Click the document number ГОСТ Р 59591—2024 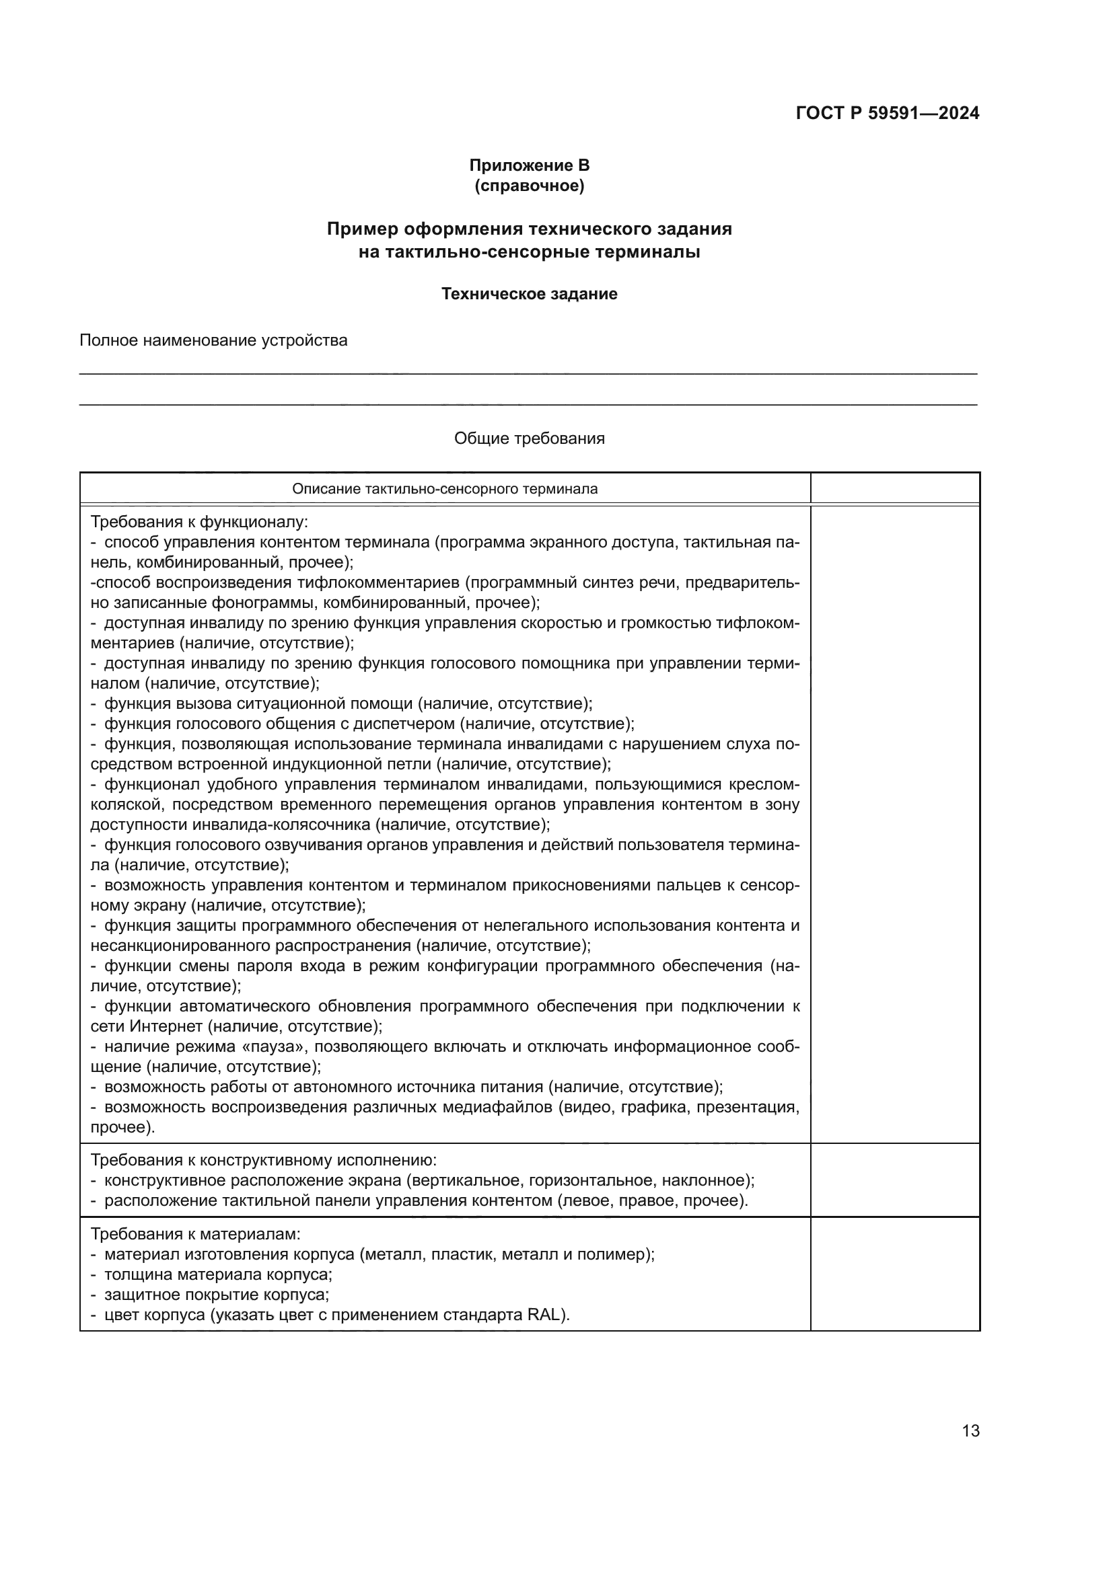point(887,113)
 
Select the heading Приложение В point(529,165)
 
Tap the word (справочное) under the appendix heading point(529,186)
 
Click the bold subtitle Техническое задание point(529,294)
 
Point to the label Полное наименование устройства point(213,340)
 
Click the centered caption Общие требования point(529,438)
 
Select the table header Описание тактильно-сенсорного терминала point(445,489)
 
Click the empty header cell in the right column point(894,489)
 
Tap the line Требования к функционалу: point(199,522)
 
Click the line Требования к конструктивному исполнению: point(264,1161)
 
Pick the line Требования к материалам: point(195,1235)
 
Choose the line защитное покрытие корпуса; point(217,1295)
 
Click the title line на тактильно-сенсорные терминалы point(529,253)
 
